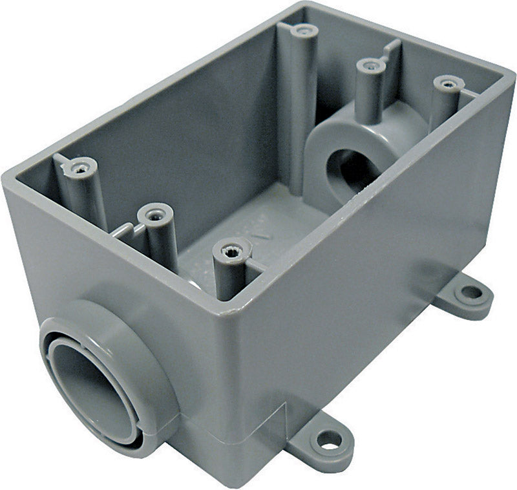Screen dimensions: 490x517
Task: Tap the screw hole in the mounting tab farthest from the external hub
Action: pyautogui.click(x=472, y=292)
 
